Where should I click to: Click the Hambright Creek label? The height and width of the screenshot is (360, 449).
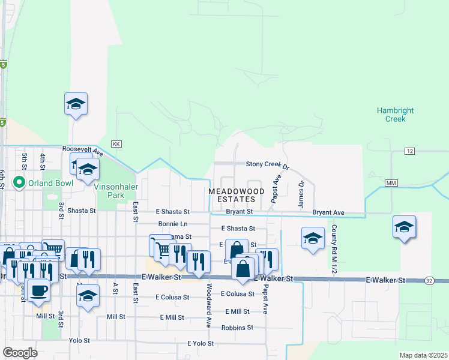click(391, 115)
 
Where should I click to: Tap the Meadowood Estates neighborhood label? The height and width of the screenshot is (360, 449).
click(237, 195)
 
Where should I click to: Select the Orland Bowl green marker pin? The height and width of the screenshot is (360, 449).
click(19, 183)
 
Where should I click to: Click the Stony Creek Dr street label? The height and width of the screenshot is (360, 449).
click(268, 164)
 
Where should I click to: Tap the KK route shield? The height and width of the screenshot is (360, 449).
click(116, 145)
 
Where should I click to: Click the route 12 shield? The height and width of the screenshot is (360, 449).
click(410, 151)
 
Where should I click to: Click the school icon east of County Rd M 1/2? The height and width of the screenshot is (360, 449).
click(404, 227)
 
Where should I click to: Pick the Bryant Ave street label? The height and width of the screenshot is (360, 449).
click(328, 212)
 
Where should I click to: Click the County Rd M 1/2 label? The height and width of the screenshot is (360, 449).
click(332, 251)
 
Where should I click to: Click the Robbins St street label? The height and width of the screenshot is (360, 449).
click(237, 328)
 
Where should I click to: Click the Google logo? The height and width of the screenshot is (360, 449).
click(20, 353)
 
